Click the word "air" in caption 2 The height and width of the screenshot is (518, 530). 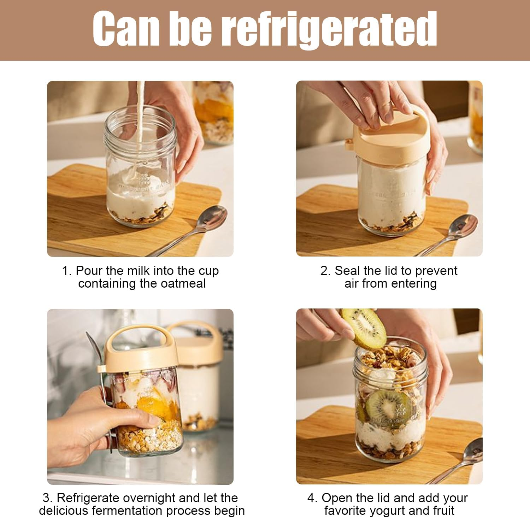coord(351,283)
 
